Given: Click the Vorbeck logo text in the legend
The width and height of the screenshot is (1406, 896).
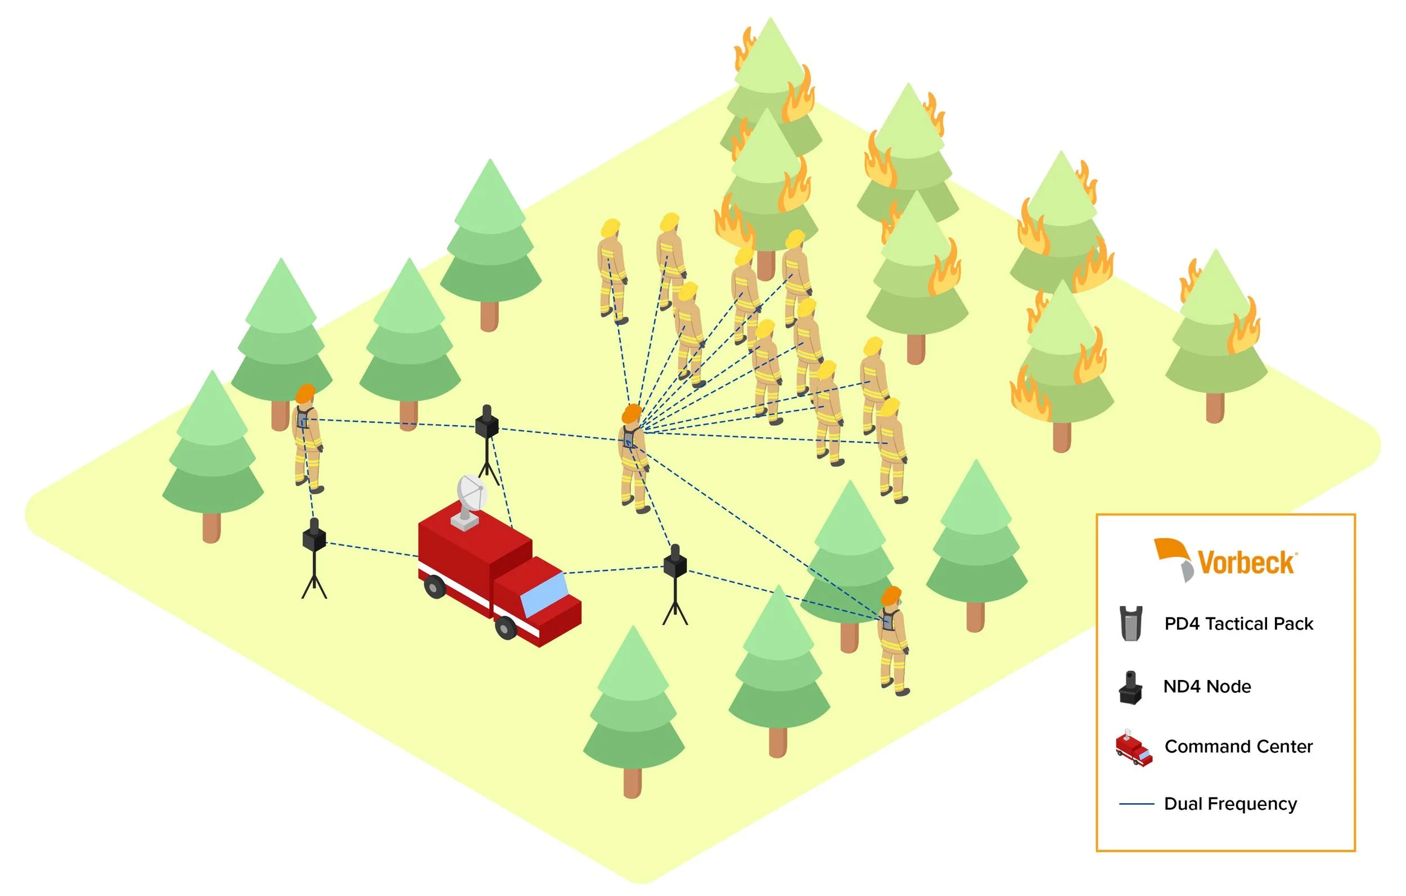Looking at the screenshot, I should (1246, 563).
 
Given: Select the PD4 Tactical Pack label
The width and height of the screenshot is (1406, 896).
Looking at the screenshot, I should (1238, 624).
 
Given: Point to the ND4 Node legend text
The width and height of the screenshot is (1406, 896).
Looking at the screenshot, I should (1207, 686).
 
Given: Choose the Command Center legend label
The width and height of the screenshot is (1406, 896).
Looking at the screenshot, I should (1238, 746).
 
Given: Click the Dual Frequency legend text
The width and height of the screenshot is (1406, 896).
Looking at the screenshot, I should (1231, 804).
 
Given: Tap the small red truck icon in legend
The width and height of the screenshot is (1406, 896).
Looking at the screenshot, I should (1133, 748).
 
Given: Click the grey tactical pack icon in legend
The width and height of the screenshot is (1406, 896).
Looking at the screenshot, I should (1131, 624).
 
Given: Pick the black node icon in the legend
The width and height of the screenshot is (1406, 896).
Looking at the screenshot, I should (1130, 688).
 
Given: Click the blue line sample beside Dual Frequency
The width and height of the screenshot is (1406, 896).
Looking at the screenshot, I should (1136, 804).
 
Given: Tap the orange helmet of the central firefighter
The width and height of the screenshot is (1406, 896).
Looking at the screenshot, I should (632, 413).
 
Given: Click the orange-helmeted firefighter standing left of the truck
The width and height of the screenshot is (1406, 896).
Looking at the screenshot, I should (307, 438).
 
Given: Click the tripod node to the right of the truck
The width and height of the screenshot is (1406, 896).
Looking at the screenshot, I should (675, 584).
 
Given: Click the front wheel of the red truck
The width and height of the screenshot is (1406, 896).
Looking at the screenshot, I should (506, 627).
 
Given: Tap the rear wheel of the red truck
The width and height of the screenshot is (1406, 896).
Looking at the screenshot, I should (435, 587).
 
